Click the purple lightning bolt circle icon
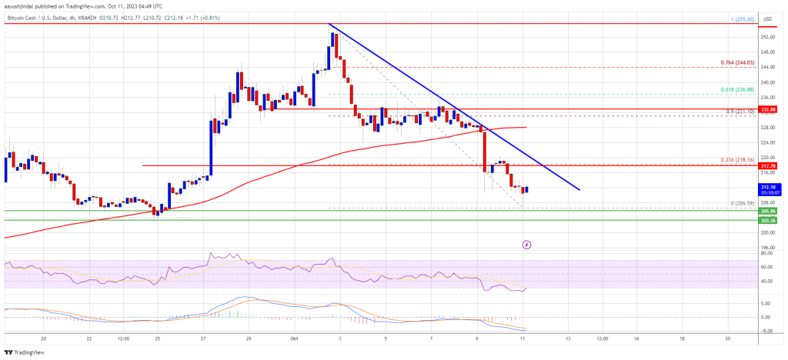(526, 245)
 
